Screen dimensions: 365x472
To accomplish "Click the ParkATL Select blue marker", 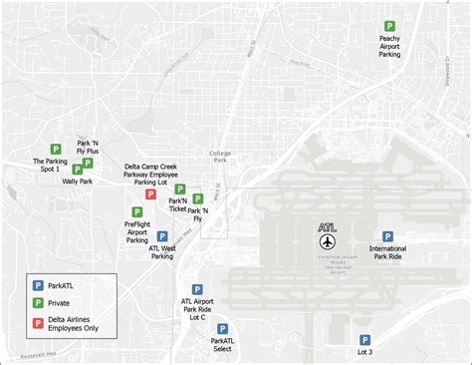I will coord(222,327).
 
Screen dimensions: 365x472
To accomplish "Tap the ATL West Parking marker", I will coord(162,236).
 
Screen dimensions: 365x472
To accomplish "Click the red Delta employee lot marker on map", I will coord(150,194).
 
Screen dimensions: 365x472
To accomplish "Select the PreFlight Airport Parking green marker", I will coord(136,211).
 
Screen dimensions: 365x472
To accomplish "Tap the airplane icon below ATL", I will coord(329,242).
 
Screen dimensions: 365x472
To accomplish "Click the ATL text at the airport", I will coord(328,227).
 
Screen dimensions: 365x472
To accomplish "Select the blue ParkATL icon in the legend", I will coord(38,284).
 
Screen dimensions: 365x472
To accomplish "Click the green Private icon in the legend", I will coord(38,301).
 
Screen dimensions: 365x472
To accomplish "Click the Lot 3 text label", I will coord(364,352).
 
